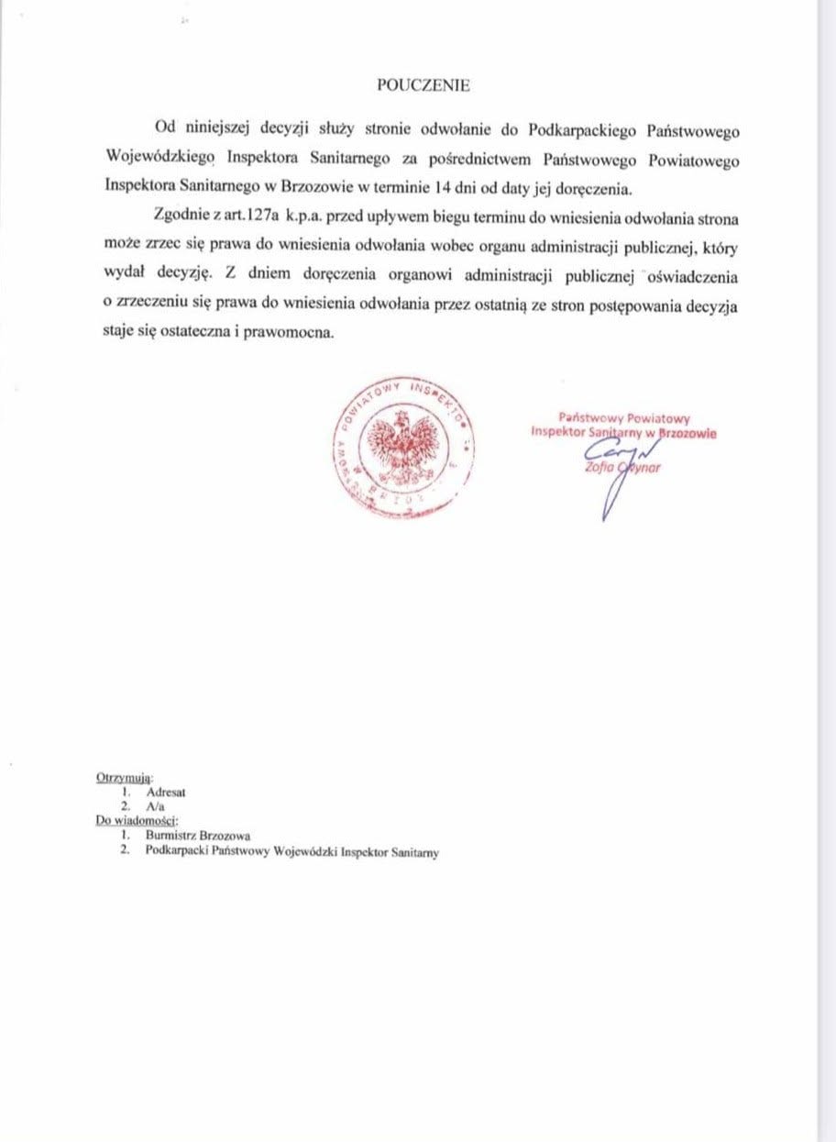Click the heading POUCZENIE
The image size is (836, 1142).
[x=423, y=85]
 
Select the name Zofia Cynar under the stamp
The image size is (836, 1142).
[x=621, y=469]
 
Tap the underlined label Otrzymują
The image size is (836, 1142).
[x=125, y=777]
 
